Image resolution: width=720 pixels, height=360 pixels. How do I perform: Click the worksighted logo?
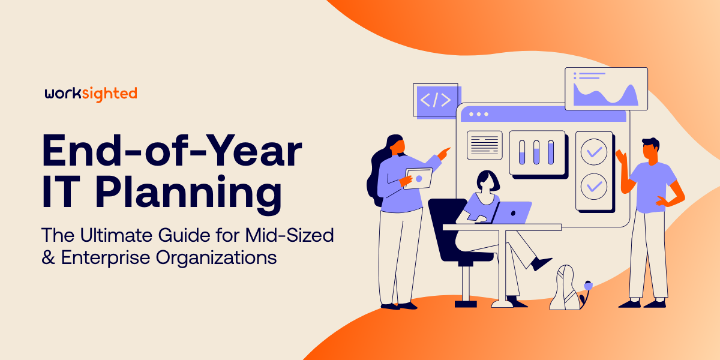[91, 94]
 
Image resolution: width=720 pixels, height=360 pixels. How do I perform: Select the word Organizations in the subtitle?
[216, 257]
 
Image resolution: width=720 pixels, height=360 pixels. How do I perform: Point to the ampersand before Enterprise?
[48, 257]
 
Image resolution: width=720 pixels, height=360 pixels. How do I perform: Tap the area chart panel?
[606, 89]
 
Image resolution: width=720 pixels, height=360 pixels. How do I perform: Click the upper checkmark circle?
[594, 152]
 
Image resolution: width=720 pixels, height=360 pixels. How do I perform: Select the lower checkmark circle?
[594, 187]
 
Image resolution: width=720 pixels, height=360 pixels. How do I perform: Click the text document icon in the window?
[485, 145]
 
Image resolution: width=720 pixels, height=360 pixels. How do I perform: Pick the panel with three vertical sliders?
[537, 152]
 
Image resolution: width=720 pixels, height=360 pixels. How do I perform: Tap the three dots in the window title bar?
[479, 114]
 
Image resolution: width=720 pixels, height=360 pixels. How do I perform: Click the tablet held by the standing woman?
[418, 178]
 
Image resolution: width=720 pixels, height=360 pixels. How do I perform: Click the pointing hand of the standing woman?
[443, 154]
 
